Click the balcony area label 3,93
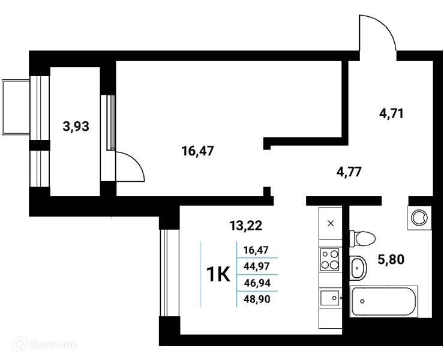pyautogui.click(x=76, y=127)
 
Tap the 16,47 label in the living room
pyautogui.click(x=197, y=151)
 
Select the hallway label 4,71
pyautogui.click(x=391, y=113)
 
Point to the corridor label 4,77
pyautogui.click(x=349, y=172)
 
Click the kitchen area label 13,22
pyautogui.click(x=246, y=226)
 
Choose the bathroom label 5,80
pyautogui.click(x=391, y=259)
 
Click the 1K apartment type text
pyautogui.click(x=218, y=274)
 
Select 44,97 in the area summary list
pyautogui.click(x=257, y=266)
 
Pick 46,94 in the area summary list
pyautogui.click(x=257, y=283)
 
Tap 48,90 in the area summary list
pyautogui.click(x=257, y=299)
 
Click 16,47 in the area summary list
pyautogui.click(x=256, y=250)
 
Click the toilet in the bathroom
pyautogui.click(x=362, y=238)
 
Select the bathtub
pyautogui.click(x=384, y=301)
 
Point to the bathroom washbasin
pyautogui.click(x=358, y=268)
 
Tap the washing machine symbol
pyautogui.click(x=419, y=218)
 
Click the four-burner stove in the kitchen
pyautogui.click(x=330, y=259)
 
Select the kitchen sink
pyautogui.click(x=330, y=298)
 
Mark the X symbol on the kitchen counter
pyautogui.click(x=331, y=223)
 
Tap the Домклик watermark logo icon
pyautogui.click(x=20, y=344)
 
